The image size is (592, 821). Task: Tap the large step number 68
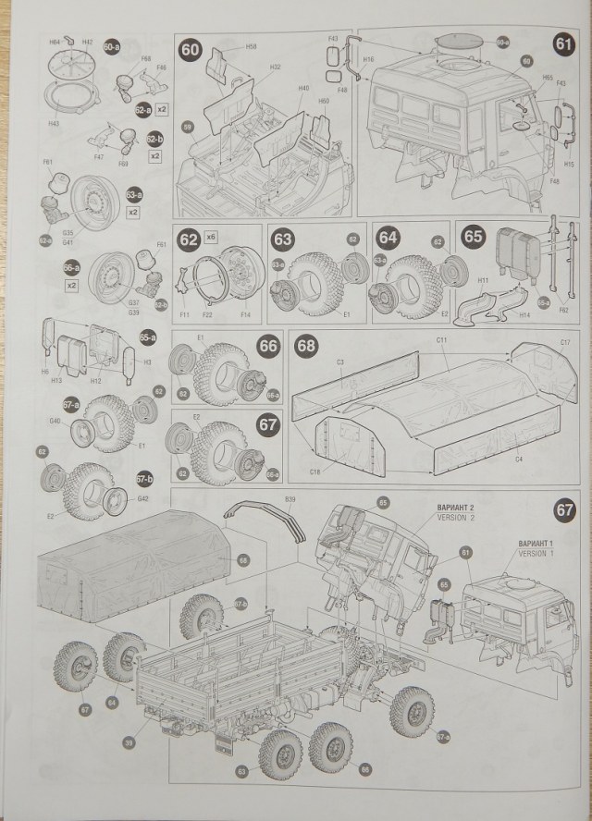306,346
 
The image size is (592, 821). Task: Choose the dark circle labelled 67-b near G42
142,480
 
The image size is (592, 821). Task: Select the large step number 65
474,237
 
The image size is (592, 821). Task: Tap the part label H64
54,42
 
